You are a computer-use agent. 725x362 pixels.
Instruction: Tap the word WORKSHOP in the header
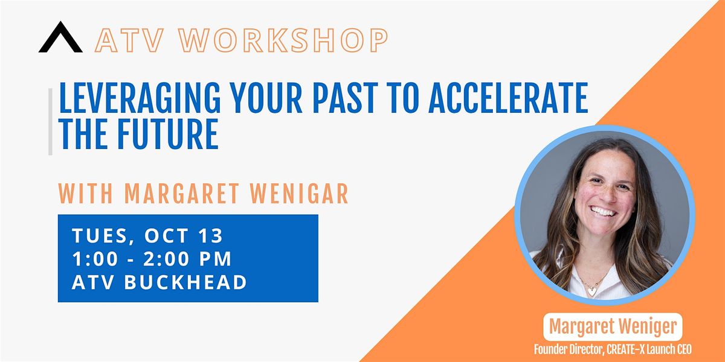tap(283, 40)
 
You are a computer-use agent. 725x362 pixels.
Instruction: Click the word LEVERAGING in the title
tap(140, 98)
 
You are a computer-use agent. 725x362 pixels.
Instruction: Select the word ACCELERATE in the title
tap(508, 98)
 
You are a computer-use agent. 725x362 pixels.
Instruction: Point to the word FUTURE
tap(168, 134)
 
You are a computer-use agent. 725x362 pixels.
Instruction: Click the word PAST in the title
tap(345, 98)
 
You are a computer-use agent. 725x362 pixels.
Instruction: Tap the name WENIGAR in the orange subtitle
tap(299, 194)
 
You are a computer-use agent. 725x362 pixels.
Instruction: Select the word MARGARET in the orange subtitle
tap(182, 194)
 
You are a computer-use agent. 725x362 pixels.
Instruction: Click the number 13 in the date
tap(210, 235)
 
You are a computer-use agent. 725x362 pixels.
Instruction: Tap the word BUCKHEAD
tap(185, 282)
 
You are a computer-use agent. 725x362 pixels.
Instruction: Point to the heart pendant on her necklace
tap(592, 291)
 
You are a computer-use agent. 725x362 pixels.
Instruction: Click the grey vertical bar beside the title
tap(50, 122)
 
